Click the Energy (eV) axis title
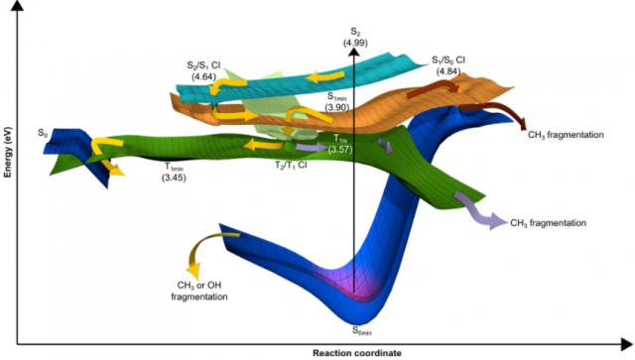(x=8, y=153)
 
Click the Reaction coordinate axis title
(x=357, y=353)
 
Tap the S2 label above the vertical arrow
(x=355, y=32)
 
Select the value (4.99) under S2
(x=355, y=43)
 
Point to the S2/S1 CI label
(x=203, y=65)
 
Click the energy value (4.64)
(x=203, y=76)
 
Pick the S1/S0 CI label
(x=448, y=60)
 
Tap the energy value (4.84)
(x=448, y=71)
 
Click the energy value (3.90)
(x=337, y=107)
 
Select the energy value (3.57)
(x=340, y=149)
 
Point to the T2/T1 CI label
(x=291, y=166)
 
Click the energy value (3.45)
(x=174, y=178)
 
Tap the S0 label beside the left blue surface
(x=43, y=133)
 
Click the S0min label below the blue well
(x=361, y=331)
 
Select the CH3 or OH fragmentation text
(x=199, y=292)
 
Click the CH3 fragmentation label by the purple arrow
(x=548, y=223)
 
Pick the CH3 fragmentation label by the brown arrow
(x=566, y=135)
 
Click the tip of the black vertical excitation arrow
(x=354, y=49)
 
